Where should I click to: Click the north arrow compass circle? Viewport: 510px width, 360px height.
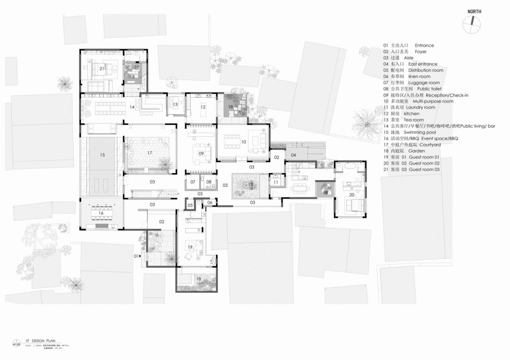tap(471, 24)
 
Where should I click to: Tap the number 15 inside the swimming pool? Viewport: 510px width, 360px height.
tap(102, 155)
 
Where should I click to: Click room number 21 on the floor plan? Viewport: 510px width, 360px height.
tap(102, 69)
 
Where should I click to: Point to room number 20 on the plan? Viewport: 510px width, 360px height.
tap(352, 195)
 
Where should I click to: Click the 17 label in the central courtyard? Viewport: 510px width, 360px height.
tap(150, 153)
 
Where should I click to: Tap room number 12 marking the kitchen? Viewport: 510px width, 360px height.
tap(203, 107)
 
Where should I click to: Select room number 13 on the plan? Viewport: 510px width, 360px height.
tap(175, 104)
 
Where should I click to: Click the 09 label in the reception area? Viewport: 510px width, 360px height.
tap(202, 153)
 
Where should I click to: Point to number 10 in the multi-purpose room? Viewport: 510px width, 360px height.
tap(243, 142)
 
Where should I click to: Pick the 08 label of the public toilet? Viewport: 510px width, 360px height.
tap(208, 182)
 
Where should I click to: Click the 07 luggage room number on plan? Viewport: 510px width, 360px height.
tap(193, 182)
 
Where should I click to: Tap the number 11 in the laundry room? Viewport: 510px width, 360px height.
tap(276, 182)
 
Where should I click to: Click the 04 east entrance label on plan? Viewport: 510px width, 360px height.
tap(293, 155)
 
